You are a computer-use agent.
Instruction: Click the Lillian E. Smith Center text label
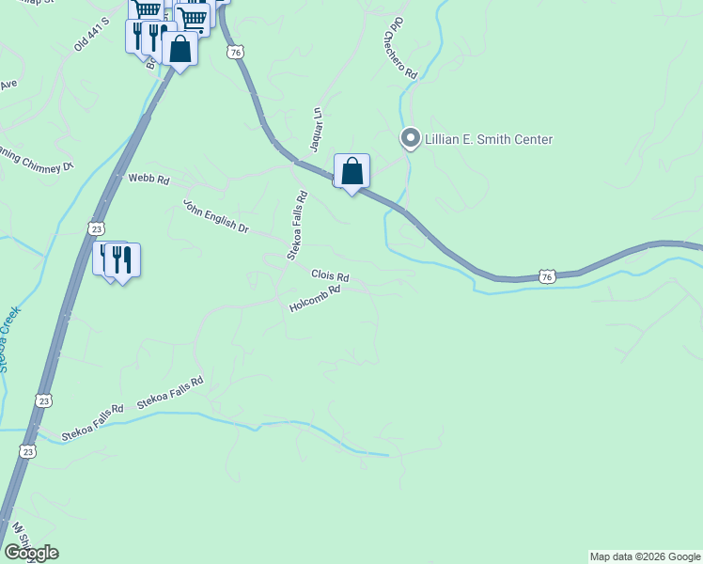click(489, 139)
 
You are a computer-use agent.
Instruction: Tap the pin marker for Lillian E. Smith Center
click(410, 138)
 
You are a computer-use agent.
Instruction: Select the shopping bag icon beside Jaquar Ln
click(351, 172)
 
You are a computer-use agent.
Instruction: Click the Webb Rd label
click(148, 179)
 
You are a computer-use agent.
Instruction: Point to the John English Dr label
click(215, 216)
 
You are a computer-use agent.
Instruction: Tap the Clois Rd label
click(330, 277)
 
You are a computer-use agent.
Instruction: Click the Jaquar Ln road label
click(317, 129)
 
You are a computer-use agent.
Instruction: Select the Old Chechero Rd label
click(399, 47)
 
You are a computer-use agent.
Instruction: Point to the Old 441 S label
click(92, 34)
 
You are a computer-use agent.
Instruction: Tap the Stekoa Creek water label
click(9, 338)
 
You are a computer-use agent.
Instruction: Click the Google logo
click(31, 553)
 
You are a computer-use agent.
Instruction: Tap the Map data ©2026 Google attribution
click(645, 556)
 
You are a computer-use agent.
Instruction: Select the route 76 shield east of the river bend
click(547, 275)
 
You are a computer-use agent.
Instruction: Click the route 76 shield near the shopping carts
click(235, 53)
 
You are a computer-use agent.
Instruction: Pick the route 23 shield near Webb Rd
click(97, 228)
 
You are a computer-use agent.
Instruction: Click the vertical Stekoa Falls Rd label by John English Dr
click(297, 226)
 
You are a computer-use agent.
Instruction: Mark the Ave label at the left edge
click(8, 85)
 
